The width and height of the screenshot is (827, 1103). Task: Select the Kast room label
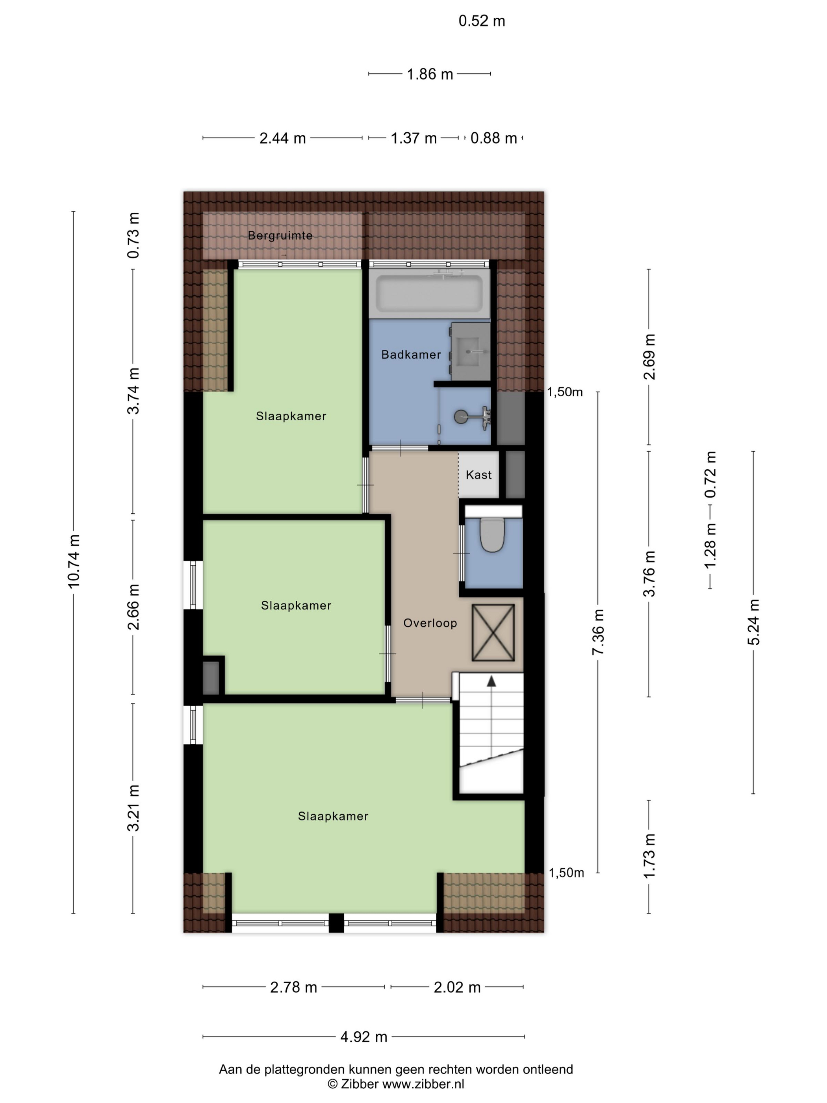478,475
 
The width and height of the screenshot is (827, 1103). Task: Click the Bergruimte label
280,235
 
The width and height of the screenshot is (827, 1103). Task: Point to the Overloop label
430,623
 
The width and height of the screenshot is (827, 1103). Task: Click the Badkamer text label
411,355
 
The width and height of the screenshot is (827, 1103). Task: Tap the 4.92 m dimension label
364,1037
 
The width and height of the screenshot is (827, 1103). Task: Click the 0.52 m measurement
482,21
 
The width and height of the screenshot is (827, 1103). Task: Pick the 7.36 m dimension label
598,632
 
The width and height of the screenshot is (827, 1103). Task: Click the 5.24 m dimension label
753,622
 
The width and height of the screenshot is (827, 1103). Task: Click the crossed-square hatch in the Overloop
493,633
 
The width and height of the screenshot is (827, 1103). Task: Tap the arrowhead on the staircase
491,681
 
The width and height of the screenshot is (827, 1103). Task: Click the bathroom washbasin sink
471,351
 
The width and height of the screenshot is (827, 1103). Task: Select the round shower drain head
461,416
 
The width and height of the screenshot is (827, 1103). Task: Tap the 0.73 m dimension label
133,235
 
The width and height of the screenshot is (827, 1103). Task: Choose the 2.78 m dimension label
294,987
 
